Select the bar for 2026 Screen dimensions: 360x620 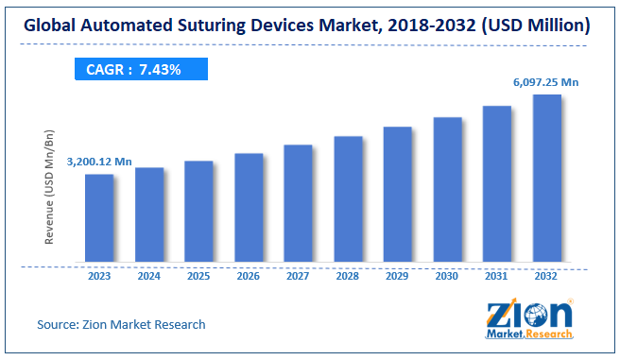click(249, 207)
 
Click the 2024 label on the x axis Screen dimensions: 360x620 click(148, 277)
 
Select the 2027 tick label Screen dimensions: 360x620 click(298, 277)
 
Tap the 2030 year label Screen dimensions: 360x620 click(447, 277)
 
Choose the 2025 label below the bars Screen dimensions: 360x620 click(198, 277)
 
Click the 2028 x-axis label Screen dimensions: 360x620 click(348, 277)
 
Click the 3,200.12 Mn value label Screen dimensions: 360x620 click(98, 163)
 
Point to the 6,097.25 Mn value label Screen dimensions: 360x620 click(546, 82)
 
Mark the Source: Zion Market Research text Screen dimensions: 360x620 click(121, 324)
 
